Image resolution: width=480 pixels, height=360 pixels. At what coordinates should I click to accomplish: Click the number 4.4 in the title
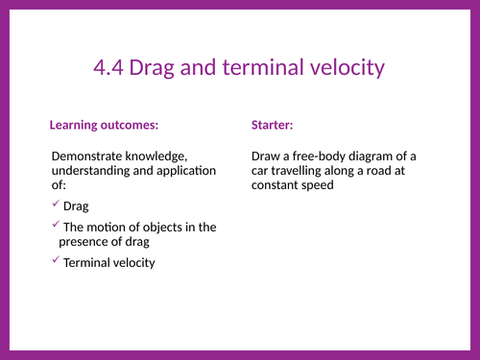110,68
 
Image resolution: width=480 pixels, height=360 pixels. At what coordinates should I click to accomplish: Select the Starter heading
273,126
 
